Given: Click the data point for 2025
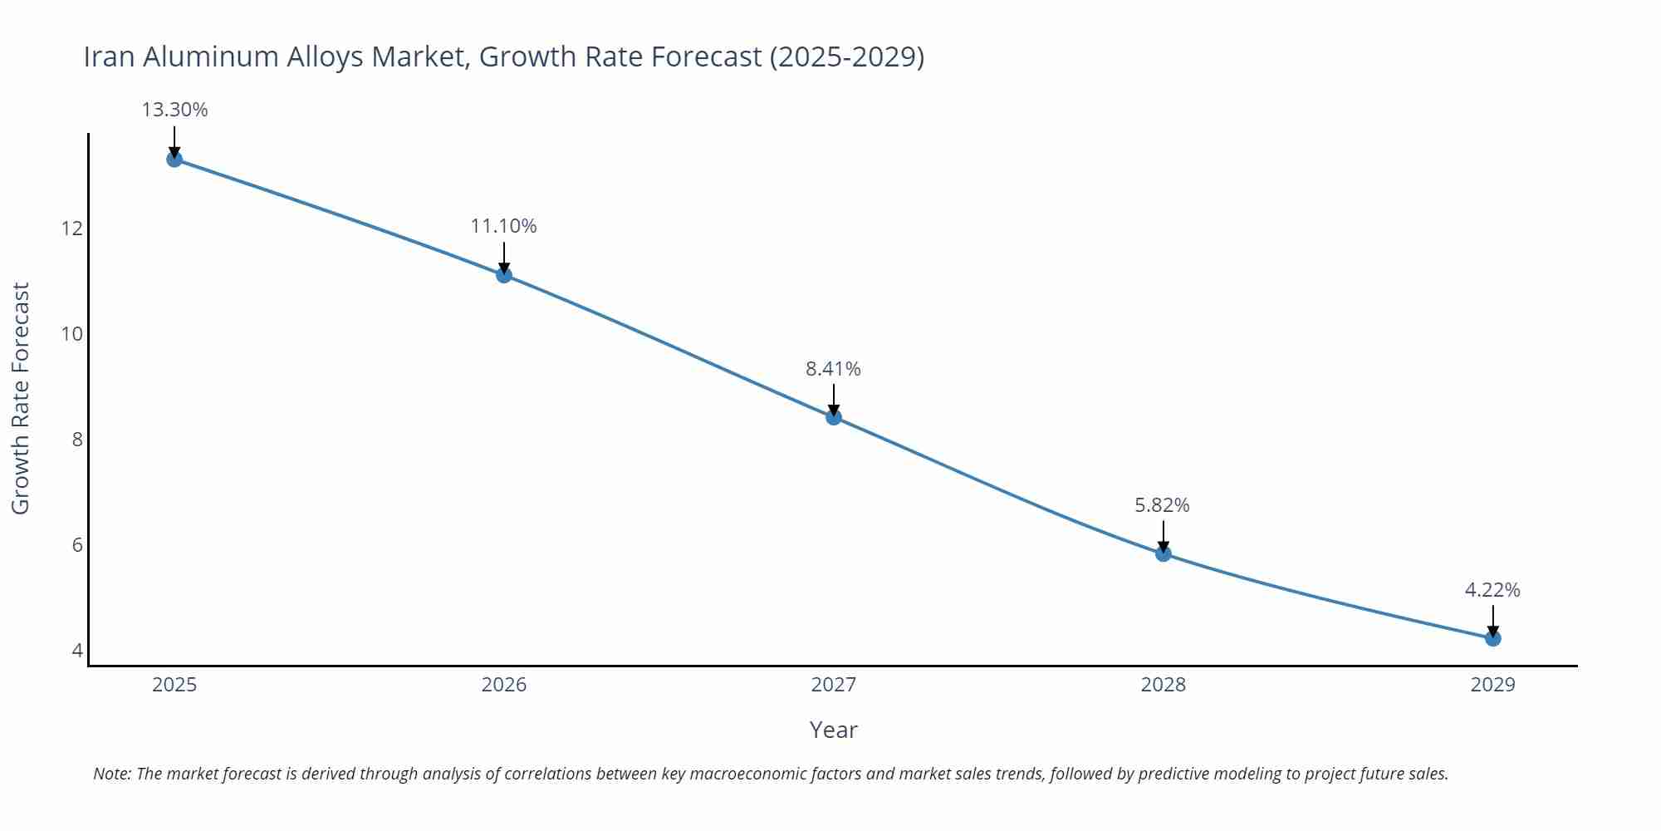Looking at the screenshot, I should click(174, 159).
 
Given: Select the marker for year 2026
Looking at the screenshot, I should click(504, 275).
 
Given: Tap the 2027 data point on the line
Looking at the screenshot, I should click(834, 417).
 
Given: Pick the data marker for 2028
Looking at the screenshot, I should click(1164, 553).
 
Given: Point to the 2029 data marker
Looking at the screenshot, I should click(1492, 638).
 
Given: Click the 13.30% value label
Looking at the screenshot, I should click(174, 110).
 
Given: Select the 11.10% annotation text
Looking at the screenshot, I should click(504, 226).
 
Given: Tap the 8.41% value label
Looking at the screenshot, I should click(833, 368).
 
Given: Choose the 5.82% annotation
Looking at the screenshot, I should click(1162, 504).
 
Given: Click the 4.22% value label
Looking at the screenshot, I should click(1492, 590).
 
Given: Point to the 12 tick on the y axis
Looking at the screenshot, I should click(72, 229).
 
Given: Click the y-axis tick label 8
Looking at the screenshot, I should click(77, 440).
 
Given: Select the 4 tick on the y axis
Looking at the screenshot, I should click(77, 651).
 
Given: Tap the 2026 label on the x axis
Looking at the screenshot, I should click(504, 685).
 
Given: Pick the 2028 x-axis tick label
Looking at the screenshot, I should click(1163, 685).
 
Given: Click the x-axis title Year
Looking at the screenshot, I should click(833, 730).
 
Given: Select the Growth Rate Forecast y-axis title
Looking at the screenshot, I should click(21, 398).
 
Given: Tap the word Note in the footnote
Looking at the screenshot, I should click(111, 774).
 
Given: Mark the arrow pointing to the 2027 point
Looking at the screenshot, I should click(834, 399).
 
